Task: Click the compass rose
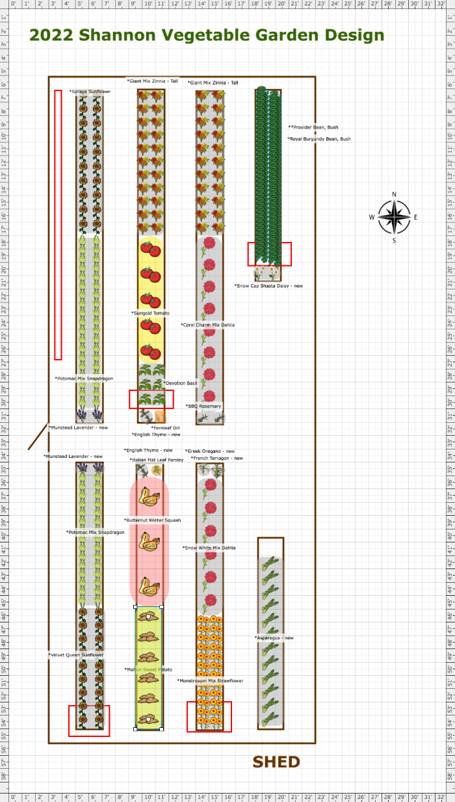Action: pos(394,217)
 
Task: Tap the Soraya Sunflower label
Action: pos(90,92)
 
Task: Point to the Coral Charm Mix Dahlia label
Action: pos(207,325)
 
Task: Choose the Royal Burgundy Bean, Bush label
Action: pos(319,139)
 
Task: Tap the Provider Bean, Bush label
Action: pos(315,127)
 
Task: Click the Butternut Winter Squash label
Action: pos(152,520)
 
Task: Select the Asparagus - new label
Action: pos(274,638)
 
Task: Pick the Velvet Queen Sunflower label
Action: pos(75,655)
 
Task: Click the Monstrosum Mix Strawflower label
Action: pos(210,681)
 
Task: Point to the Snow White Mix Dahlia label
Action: pos(209,548)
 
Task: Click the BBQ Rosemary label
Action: pos(205,406)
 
